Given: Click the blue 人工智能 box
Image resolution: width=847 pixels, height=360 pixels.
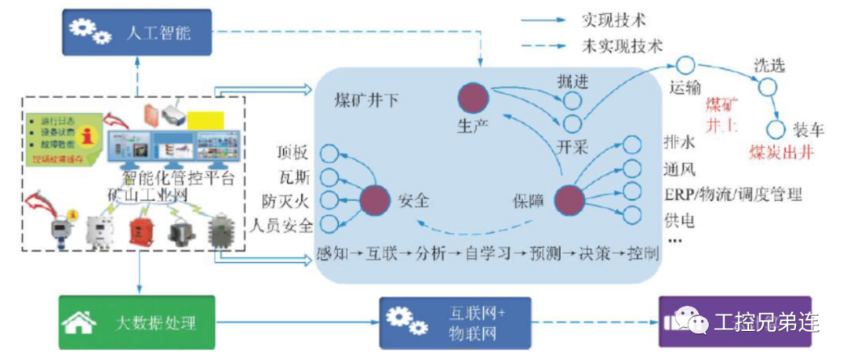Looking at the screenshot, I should point(136,32).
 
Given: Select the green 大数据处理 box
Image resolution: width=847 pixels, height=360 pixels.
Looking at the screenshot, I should point(136,322).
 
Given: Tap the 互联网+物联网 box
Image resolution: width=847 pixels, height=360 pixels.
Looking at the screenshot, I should point(455,322).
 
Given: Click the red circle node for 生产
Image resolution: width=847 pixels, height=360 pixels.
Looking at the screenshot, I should point(473,97).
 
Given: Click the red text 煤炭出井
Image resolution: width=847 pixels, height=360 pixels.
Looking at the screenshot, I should point(780,152).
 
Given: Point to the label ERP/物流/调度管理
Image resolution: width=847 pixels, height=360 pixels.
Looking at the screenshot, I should point(732,195).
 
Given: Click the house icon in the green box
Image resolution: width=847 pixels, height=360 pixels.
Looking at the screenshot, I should point(79,322).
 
